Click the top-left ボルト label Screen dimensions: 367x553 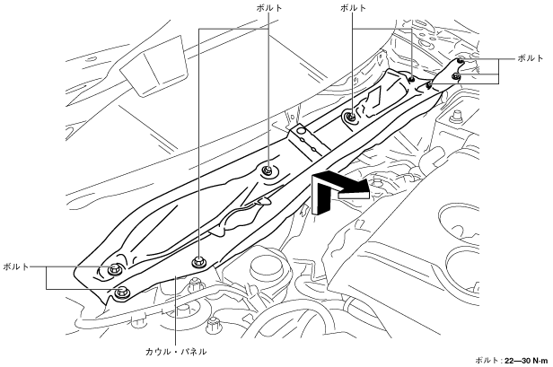[x=268, y=7]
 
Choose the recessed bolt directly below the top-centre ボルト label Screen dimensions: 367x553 [x=350, y=116]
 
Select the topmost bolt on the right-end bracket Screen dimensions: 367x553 [x=459, y=61]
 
